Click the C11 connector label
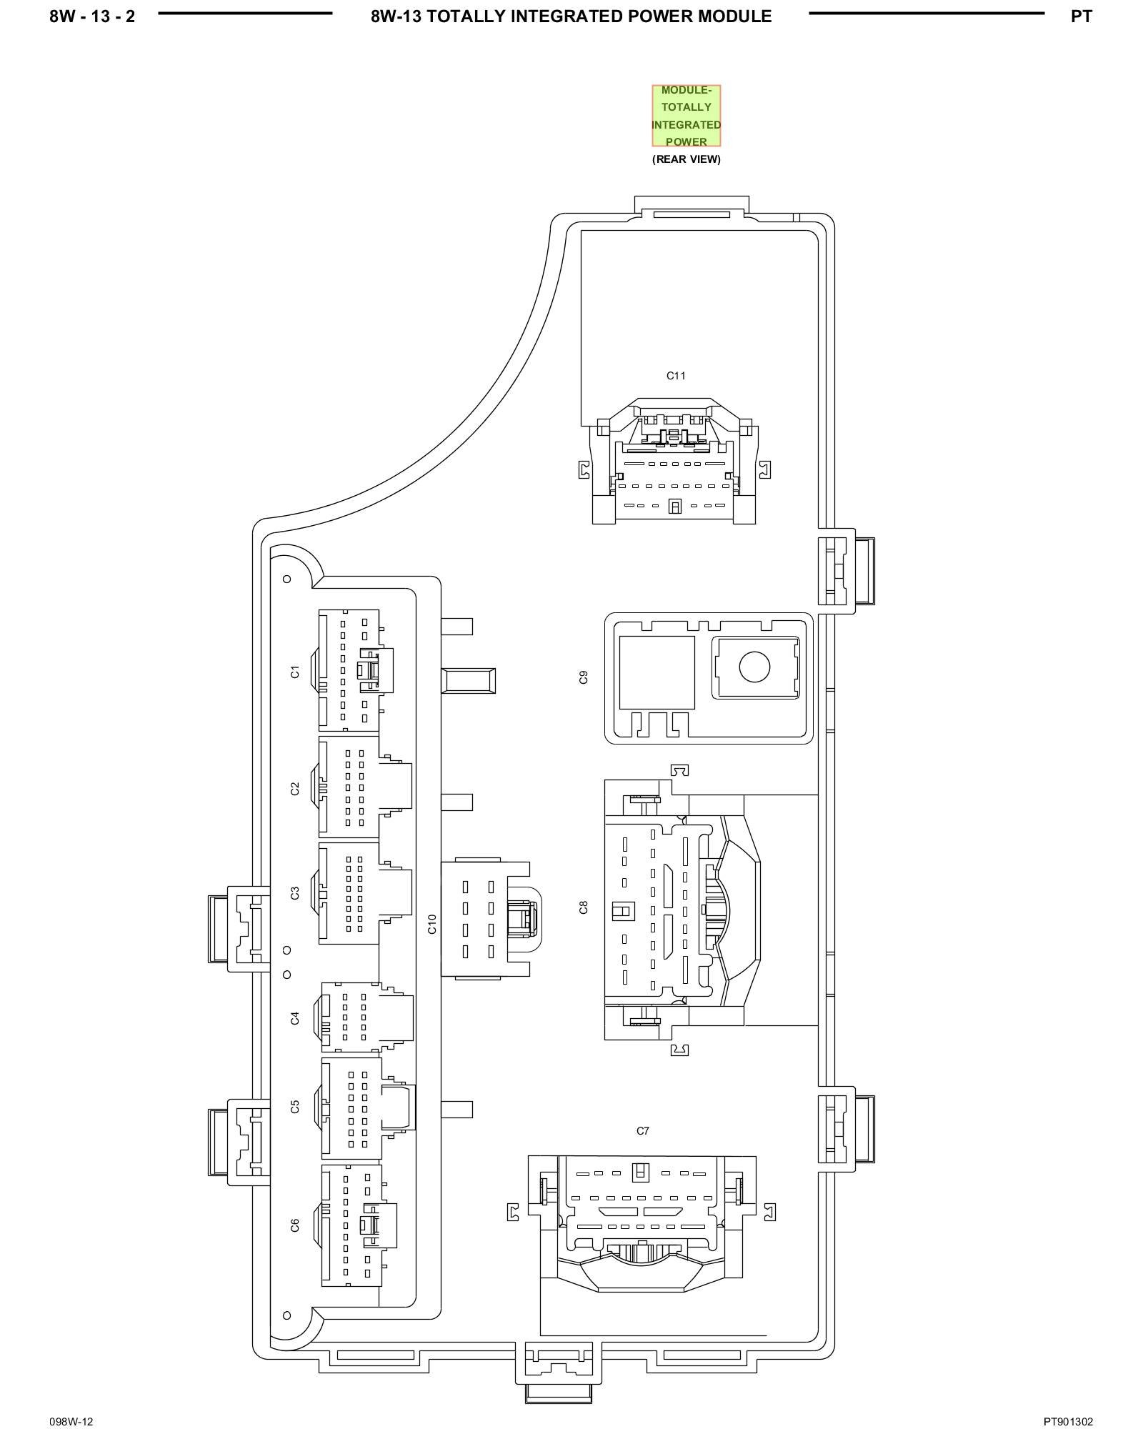[676, 376]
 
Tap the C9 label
[584, 677]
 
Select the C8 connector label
[584, 907]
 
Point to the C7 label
[643, 1131]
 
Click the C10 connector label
[431, 923]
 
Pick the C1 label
[294, 672]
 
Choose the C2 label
[294, 789]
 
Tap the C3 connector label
[294, 893]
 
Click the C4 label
[294, 1018]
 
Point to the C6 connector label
[294, 1226]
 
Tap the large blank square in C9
[657, 672]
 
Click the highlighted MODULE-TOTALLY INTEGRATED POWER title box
[686, 116]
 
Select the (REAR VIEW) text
[686, 159]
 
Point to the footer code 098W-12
[71, 1402]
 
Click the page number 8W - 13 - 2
[92, 16]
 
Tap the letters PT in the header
[1081, 16]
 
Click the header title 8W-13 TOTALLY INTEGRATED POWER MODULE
[571, 16]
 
